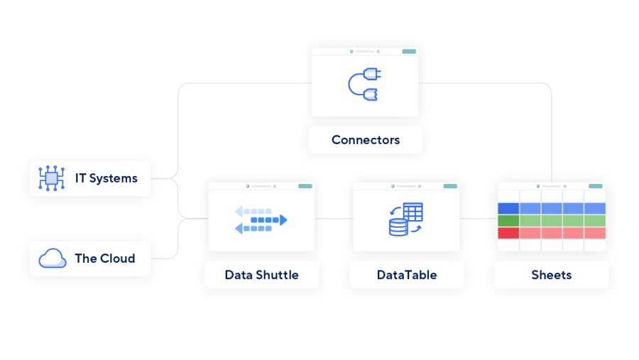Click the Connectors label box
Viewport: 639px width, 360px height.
pyautogui.click(x=365, y=140)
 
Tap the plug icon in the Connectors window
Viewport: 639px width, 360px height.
pyautogui.click(x=365, y=82)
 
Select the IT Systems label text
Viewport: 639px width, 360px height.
pyautogui.click(x=106, y=178)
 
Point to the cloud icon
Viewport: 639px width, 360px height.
pyautogui.click(x=52, y=258)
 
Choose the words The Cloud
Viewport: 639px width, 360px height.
pyautogui.click(x=104, y=258)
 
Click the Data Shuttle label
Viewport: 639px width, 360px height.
pyautogui.click(x=261, y=275)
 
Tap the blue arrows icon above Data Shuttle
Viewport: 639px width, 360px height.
pyautogui.click(x=261, y=220)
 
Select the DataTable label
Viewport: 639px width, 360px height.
pyautogui.click(x=406, y=275)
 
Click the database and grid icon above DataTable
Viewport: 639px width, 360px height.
pyautogui.click(x=406, y=219)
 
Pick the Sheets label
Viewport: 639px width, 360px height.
pyautogui.click(x=551, y=275)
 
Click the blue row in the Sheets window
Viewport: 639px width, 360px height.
pyautogui.click(x=552, y=208)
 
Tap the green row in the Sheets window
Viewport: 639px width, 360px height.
pyautogui.click(x=552, y=221)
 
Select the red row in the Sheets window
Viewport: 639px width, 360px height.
pyautogui.click(x=552, y=233)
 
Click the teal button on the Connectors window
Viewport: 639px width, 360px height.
pyautogui.click(x=409, y=51)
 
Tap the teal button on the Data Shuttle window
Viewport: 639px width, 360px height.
pyautogui.click(x=305, y=186)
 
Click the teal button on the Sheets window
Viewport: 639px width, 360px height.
pyautogui.click(x=596, y=186)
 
